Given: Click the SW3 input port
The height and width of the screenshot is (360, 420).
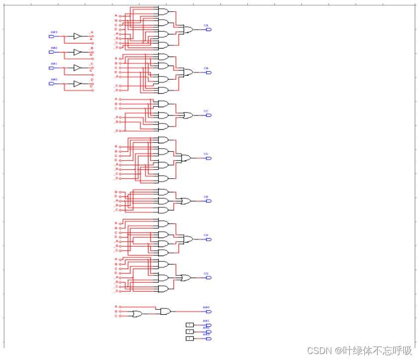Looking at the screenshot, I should click(51, 36).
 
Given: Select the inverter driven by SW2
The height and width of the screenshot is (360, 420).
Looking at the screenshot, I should click(77, 52).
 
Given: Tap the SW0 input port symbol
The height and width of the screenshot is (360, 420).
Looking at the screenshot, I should click(51, 84).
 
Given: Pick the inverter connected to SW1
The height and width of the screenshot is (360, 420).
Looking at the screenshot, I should click(77, 68).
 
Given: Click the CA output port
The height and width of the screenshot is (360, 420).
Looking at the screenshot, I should click(209, 29).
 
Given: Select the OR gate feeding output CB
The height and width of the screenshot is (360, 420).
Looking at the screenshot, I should click(189, 73).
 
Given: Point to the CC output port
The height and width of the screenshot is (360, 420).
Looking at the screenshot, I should click(209, 116).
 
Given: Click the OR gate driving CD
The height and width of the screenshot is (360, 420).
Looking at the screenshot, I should click(186, 158).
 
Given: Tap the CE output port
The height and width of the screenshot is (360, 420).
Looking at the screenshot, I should click(209, 201).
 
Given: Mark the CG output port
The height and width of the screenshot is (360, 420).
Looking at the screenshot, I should click(209, 278).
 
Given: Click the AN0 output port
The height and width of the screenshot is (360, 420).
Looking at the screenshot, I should click(209, 312).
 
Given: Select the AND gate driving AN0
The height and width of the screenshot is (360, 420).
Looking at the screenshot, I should click(165, 312).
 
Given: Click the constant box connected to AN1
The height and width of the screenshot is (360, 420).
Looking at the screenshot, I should click(190, 325).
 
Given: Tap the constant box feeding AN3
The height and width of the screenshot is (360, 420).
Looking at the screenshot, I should click(190, 339).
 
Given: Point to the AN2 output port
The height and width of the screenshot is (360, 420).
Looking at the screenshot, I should click(209, 332).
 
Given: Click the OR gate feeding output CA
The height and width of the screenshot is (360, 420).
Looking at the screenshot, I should click(189, 30).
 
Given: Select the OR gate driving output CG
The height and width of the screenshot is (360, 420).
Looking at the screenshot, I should click(186, 278).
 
